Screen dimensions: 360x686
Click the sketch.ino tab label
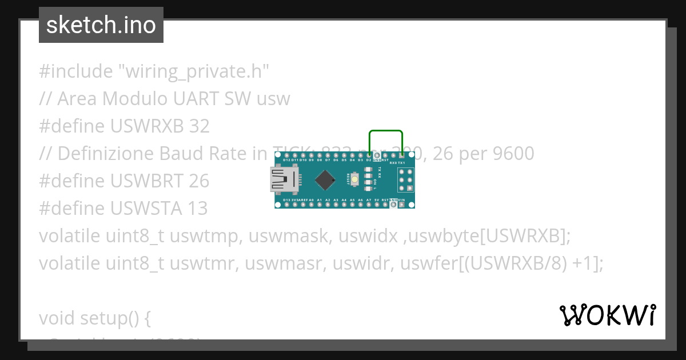coord(101,26)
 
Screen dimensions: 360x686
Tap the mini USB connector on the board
coord(284,181)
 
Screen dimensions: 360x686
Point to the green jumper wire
coord(386,132)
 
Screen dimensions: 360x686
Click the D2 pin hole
coord(369,155)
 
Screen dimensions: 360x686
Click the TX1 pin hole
coord(402,155)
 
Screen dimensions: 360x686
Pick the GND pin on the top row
coord(377,155)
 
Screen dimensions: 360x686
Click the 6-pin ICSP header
coord(406,180)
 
